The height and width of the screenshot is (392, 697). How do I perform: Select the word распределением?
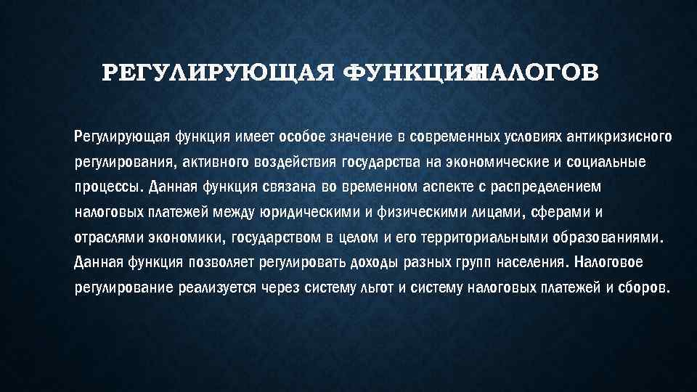[547, 187]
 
